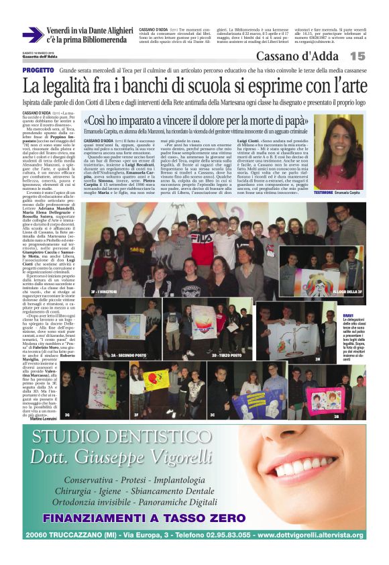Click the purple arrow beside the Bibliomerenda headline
tap(32, 35)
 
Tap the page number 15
tap(357, 56)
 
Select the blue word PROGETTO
tap(38, 70)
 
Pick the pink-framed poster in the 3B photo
tap(323, 400)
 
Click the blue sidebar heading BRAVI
tap(347, 315)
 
